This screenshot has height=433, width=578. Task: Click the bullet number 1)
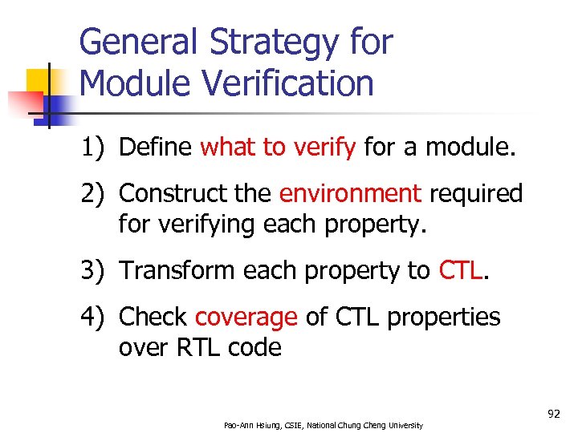click(96, 148)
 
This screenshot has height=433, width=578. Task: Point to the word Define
click(155, 148)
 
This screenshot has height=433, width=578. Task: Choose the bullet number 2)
click(96, 194)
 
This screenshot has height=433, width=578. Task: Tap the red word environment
click(350, 194)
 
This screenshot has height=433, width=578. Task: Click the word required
click(476, 194)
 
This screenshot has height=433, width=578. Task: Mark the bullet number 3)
click(96, 271)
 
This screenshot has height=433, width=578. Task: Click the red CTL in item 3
click(461, 271)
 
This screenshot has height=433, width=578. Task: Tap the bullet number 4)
click(96, 318)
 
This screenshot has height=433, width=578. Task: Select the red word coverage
click(246, 318)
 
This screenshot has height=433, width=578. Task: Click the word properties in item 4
click(443, 318)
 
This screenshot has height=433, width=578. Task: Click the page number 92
click(553, 414)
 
